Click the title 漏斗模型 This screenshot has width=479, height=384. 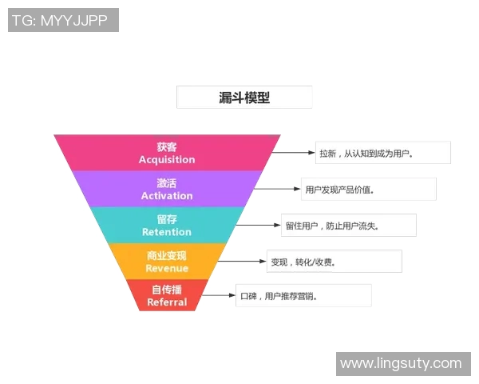[244, 98]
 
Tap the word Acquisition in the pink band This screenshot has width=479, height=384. [167, 159]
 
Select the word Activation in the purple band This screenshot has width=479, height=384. [167, 196]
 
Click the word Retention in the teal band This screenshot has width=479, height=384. [167, 232]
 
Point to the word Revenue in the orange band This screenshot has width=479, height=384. [167, 268]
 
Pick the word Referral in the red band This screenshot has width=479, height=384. [167, 302]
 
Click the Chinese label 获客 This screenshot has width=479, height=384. [167, 146]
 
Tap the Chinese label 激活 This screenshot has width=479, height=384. [167, 183]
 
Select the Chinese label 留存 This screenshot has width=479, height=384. [167, 219]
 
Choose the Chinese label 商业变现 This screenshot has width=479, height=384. [167, 255]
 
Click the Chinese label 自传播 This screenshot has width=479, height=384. [167, 290]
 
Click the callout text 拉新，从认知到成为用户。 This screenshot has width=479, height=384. [366, 153]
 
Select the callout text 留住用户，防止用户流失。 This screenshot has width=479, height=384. [332, 226]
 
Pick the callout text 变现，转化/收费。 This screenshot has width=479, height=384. [303, 262]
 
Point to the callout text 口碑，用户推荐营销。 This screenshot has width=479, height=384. [279, 296]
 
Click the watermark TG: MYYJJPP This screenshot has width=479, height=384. [62, 20]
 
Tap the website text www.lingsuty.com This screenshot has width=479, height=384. [401, 363]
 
